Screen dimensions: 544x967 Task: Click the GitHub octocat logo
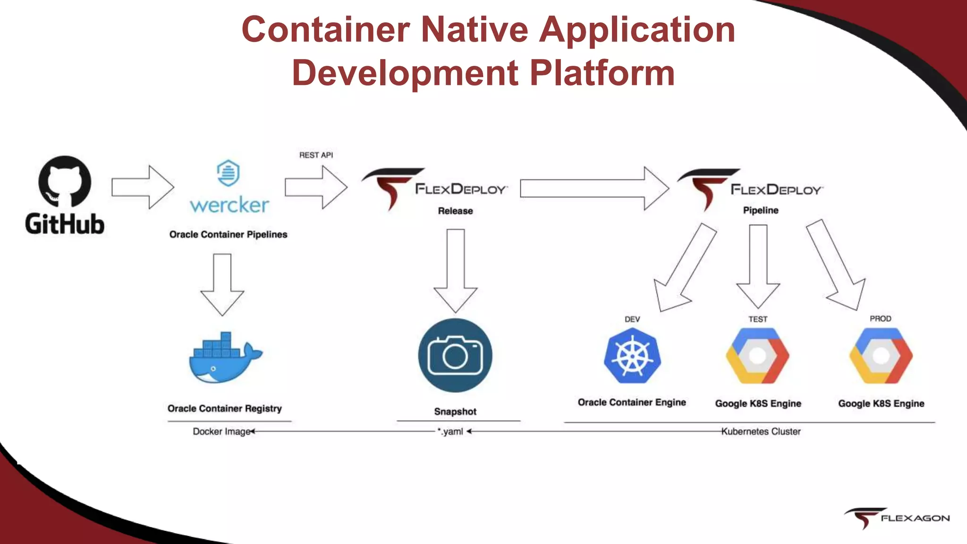[65, 181]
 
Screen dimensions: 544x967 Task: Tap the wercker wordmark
[229, 205]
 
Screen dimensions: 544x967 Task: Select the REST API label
[316, 155]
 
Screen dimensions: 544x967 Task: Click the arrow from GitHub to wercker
[143, 187]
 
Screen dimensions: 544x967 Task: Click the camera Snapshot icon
[455, 355]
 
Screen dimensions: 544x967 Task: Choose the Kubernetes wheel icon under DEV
[632, 356]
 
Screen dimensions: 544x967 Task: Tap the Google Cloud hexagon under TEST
[757, 356]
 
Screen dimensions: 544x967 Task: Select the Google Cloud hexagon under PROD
[881, 356]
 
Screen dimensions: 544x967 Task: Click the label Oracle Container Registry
[225, 408]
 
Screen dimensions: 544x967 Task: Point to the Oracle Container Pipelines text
[228, 234]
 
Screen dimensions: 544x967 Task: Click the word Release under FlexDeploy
[455, 211]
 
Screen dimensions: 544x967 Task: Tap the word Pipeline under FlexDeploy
[761, 210]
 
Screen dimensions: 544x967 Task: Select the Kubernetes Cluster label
[761, 431]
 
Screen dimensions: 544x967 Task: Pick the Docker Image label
[221, 431]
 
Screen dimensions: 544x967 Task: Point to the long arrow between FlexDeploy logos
[594, 188]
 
